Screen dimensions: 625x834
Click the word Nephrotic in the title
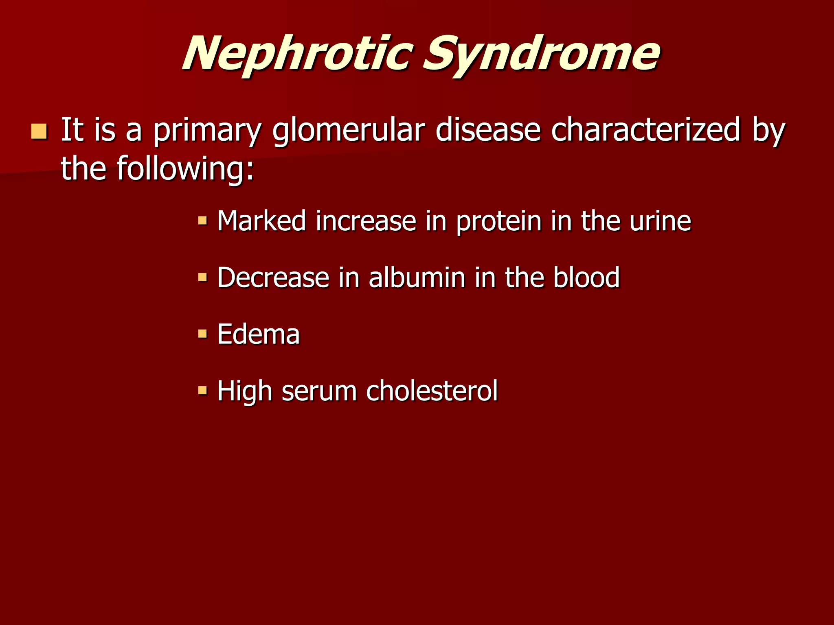pyautogui.click(x=297, y=55)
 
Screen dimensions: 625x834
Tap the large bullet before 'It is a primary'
pyautogui.click(x=39, y=132)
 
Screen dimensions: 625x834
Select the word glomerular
pyautogui.click(x=349, y=131)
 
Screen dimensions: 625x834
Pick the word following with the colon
pyautogui.click(x=185, y=168)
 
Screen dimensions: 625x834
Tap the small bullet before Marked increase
pyautogui.click(x=202, y=221)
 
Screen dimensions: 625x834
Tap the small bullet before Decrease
pyautogui.click(x=202, y=278)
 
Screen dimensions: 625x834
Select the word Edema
pyautogui.click(x=259, y=334)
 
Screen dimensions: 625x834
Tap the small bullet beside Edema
pyautogui.click(x=202, y=334)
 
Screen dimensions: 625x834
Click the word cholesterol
pyautogui.click(x=432, y=391)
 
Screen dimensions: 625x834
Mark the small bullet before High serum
pyautogui.click(x=202, y=391)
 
